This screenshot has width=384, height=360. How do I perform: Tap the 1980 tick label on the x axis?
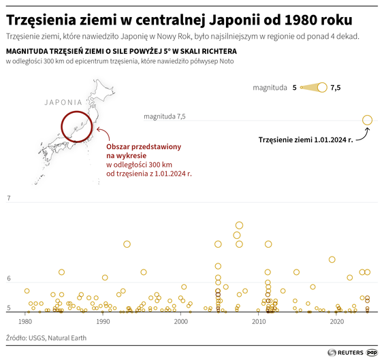point(26,321)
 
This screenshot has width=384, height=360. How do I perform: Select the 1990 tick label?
point(103,321)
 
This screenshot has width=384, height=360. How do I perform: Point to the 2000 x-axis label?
point(181,321)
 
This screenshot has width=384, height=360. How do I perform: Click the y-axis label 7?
point(9,198)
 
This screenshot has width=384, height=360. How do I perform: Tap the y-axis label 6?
point(9,279)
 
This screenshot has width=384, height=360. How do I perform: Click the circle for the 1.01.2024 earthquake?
point(367,120)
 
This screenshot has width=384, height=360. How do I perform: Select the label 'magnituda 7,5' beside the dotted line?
point(164,117)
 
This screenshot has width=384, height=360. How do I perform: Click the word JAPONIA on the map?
point(63,103)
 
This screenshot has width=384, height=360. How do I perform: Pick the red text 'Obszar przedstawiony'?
point(142,147)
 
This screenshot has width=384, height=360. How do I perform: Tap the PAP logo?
point(372,352)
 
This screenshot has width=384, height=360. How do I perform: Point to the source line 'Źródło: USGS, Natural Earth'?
point(47,337)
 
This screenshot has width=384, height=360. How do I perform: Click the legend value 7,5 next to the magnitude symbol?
point(335,88)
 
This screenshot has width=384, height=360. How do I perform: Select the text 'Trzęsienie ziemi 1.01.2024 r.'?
point(305,140)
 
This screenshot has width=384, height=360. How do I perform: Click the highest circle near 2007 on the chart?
point(239,225)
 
